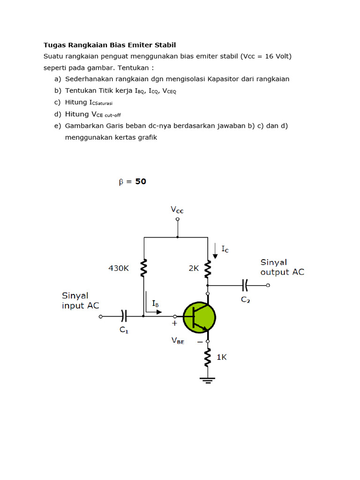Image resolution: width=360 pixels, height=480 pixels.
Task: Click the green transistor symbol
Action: click(199, 317)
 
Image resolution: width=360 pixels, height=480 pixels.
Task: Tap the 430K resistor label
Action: click(119, 269)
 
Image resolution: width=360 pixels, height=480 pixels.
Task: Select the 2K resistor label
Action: click(194, 269)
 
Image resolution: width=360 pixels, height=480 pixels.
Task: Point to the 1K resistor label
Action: click(222, 357)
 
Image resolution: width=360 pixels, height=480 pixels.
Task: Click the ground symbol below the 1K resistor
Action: click(208, 381)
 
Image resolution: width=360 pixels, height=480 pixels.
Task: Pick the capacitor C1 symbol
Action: click(124, 316)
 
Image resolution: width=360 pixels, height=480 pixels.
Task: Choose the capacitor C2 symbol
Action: click(245, 285)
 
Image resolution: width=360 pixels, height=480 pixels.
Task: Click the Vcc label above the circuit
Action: click(177, 210)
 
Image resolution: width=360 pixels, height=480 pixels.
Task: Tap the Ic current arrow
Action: click(215, 251)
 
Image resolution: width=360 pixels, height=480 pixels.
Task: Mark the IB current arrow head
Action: click(159, 312)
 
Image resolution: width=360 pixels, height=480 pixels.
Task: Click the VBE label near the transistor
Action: click(178, 341)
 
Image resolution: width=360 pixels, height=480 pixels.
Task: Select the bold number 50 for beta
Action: click(141, 181)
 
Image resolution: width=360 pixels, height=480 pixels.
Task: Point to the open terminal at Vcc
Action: click(178, 219)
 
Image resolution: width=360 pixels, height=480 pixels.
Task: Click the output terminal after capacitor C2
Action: click(268, 285)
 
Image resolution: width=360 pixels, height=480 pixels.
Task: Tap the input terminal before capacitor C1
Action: click(101, 316)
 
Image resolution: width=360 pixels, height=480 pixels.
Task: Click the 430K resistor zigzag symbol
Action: click(143, 268)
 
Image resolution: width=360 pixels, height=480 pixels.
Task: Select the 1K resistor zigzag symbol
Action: click(208, 357)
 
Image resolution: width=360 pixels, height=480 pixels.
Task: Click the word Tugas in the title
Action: click(54, 45)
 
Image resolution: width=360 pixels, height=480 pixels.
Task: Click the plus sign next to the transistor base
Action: click(174, 323)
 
